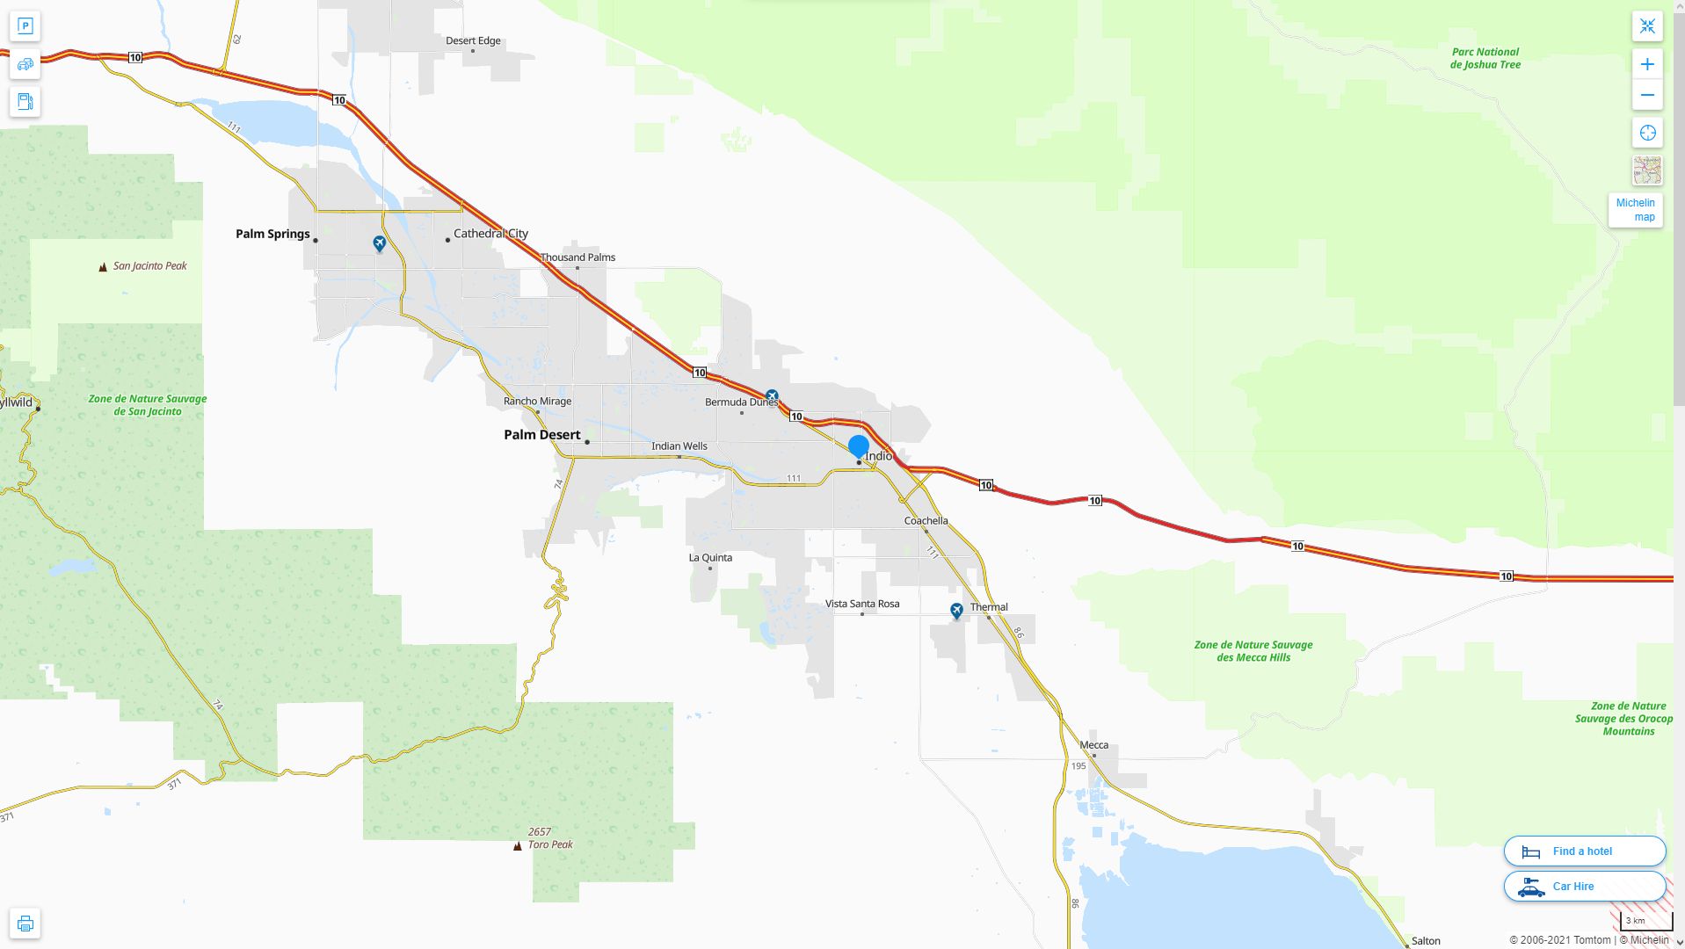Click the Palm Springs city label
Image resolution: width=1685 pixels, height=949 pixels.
coord(272,234)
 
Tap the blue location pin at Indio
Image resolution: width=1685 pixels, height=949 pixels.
coord(859,446)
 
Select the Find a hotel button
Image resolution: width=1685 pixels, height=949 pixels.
coord(1584,851)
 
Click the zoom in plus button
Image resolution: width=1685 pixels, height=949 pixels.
coord(1647,64)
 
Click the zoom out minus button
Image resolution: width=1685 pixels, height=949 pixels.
coord(1647,95)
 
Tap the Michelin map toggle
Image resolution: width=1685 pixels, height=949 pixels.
coord(1635,210)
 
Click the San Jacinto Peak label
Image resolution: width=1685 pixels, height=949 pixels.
coord(149,266)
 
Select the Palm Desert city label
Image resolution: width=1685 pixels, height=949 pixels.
coord(541,435)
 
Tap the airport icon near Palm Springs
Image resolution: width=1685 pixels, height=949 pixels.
coord(379,243)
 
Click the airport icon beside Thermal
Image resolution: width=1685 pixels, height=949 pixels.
coord(956,610)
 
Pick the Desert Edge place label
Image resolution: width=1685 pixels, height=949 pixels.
coord(473,40)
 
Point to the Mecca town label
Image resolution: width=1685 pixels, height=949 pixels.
coord(1093,745)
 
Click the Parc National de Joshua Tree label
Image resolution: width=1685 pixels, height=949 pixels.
coord(1485,58)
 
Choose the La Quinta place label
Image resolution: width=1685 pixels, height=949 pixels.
coord(710,558)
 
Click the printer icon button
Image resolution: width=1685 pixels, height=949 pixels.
coord(25,924)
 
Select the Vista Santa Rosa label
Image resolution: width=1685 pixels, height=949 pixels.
coord(862,604)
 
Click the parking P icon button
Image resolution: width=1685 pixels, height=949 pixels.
coord(25,25)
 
